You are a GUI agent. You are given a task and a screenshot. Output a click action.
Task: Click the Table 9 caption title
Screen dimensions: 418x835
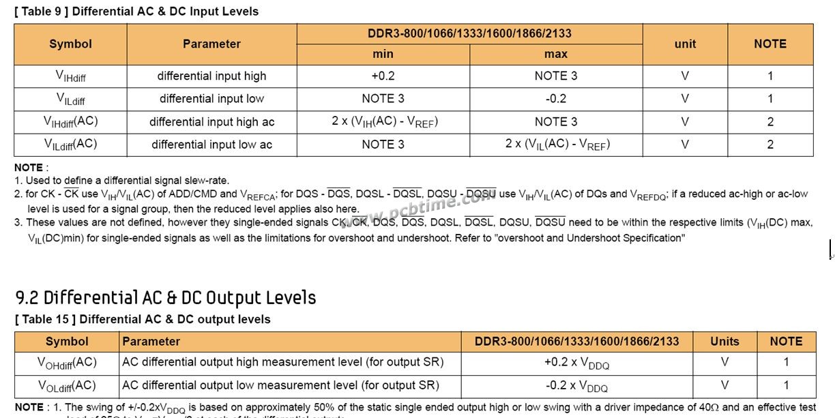pos(136,12)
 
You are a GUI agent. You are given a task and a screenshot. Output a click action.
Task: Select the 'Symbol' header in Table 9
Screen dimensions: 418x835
pos(70,44)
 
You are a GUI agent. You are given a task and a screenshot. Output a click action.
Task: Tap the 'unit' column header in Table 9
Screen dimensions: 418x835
pos(685,44)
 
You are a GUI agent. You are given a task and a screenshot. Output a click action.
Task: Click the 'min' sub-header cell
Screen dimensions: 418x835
pos(383,54)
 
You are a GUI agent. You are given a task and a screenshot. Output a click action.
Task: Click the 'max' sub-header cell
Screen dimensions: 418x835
pos(555,54)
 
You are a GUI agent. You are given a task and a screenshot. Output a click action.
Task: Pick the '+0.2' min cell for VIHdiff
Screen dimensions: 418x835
pos(383,76)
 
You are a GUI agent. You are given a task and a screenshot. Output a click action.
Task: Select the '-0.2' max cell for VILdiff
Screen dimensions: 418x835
pos(555,98)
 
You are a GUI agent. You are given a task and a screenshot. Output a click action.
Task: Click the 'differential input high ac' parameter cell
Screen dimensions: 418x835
pos(211,122)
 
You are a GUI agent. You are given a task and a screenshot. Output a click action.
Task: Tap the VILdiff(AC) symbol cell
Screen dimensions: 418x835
pos(70,144)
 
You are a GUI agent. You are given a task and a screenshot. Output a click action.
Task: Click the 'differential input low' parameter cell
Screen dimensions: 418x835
pos(211,98)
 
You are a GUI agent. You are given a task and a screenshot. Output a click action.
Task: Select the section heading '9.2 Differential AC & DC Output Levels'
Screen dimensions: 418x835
pos(166,297)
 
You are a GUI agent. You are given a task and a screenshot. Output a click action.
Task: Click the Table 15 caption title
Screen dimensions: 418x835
pos(143,319)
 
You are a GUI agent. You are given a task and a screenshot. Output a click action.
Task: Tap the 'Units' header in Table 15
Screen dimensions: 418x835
pos(724,341)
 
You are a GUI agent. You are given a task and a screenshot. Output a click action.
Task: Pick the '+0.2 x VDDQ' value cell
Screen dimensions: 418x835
pos(576,363)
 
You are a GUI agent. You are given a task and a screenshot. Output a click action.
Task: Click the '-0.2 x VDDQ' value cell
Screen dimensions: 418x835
pos(576,385)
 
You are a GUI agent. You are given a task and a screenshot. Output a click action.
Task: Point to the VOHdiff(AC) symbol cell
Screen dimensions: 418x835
pos(67,363)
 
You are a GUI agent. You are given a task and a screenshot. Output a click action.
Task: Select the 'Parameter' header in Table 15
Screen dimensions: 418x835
pos(151,341)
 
